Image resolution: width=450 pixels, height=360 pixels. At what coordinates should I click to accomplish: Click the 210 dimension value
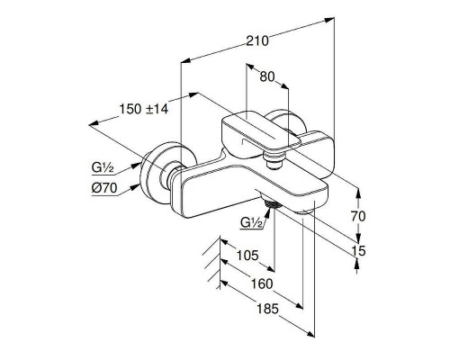coord(257,41)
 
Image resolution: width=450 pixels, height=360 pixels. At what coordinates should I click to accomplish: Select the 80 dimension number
coord(267,76)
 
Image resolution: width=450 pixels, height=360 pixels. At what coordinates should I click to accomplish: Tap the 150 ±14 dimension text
coord(144,109)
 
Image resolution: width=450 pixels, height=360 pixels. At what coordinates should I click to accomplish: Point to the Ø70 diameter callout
coord(104,188)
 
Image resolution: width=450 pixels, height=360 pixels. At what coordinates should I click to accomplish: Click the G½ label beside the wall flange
coord(103,168)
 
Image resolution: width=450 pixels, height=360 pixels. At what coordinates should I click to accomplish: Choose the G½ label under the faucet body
coord(252,223)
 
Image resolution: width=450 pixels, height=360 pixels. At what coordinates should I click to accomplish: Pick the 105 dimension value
coord(247,256)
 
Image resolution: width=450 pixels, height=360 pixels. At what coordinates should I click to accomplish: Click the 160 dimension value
coord(262,283)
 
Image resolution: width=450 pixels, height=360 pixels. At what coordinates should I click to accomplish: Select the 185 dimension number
coord(268,309)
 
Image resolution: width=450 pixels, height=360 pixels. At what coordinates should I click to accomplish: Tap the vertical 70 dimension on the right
coord(358,216)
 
